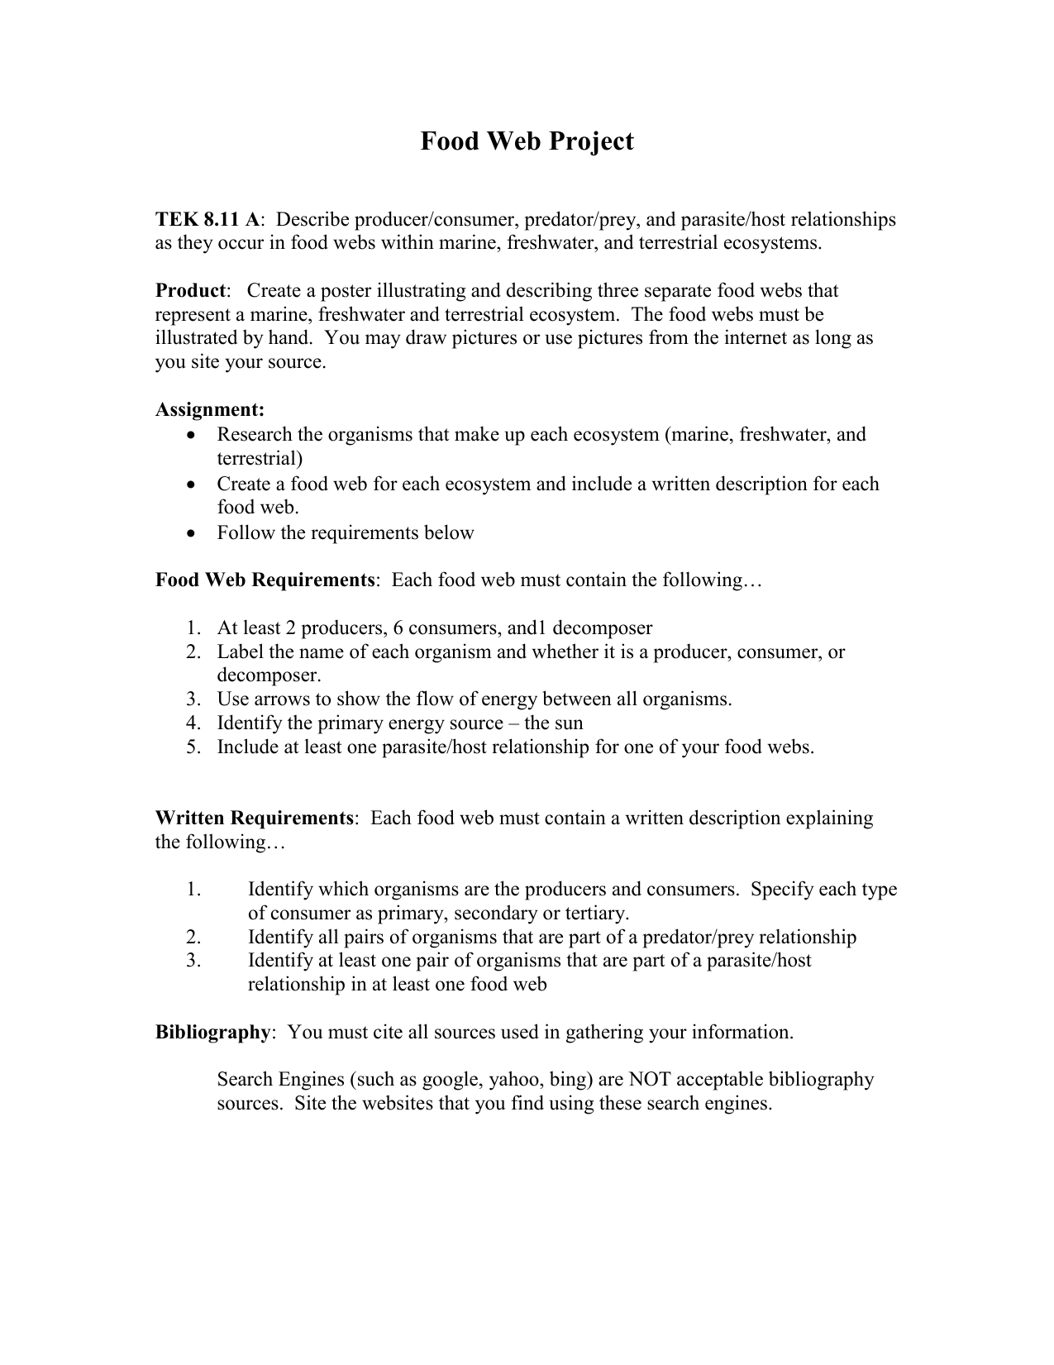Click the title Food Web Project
click(x=527, y=141)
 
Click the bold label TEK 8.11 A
click(x=207, y=220)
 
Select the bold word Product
click(x=190, y=291)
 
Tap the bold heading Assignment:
click(x=210, y=410)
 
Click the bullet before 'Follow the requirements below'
click(x=192, y=534)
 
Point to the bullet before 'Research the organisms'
click(x=192, y=436)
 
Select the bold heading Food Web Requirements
click(x=265, y=580)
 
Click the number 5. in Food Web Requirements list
click(x=193, y=747)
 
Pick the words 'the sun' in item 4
click(x=554, y=723)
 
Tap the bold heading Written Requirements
click(x=255, y=819)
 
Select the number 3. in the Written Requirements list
click(x=193, y=961)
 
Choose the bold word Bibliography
click(x=212, y=1033)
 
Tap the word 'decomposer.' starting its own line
click(x=269, y=675)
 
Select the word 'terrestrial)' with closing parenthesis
click(x=260, y=459)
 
